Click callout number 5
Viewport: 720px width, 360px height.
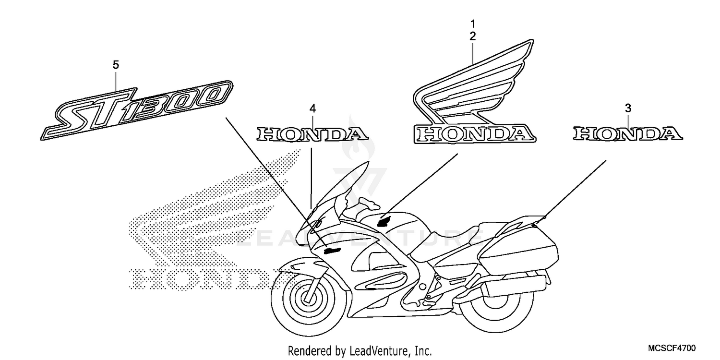116,65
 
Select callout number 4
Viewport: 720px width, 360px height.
312,109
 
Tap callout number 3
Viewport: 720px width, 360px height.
628,108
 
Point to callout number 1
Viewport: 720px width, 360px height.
473,23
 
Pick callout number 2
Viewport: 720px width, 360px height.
473,36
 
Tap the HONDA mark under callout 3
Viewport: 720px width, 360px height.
628,134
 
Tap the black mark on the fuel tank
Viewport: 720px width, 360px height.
385,221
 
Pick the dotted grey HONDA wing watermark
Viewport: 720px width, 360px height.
211,226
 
